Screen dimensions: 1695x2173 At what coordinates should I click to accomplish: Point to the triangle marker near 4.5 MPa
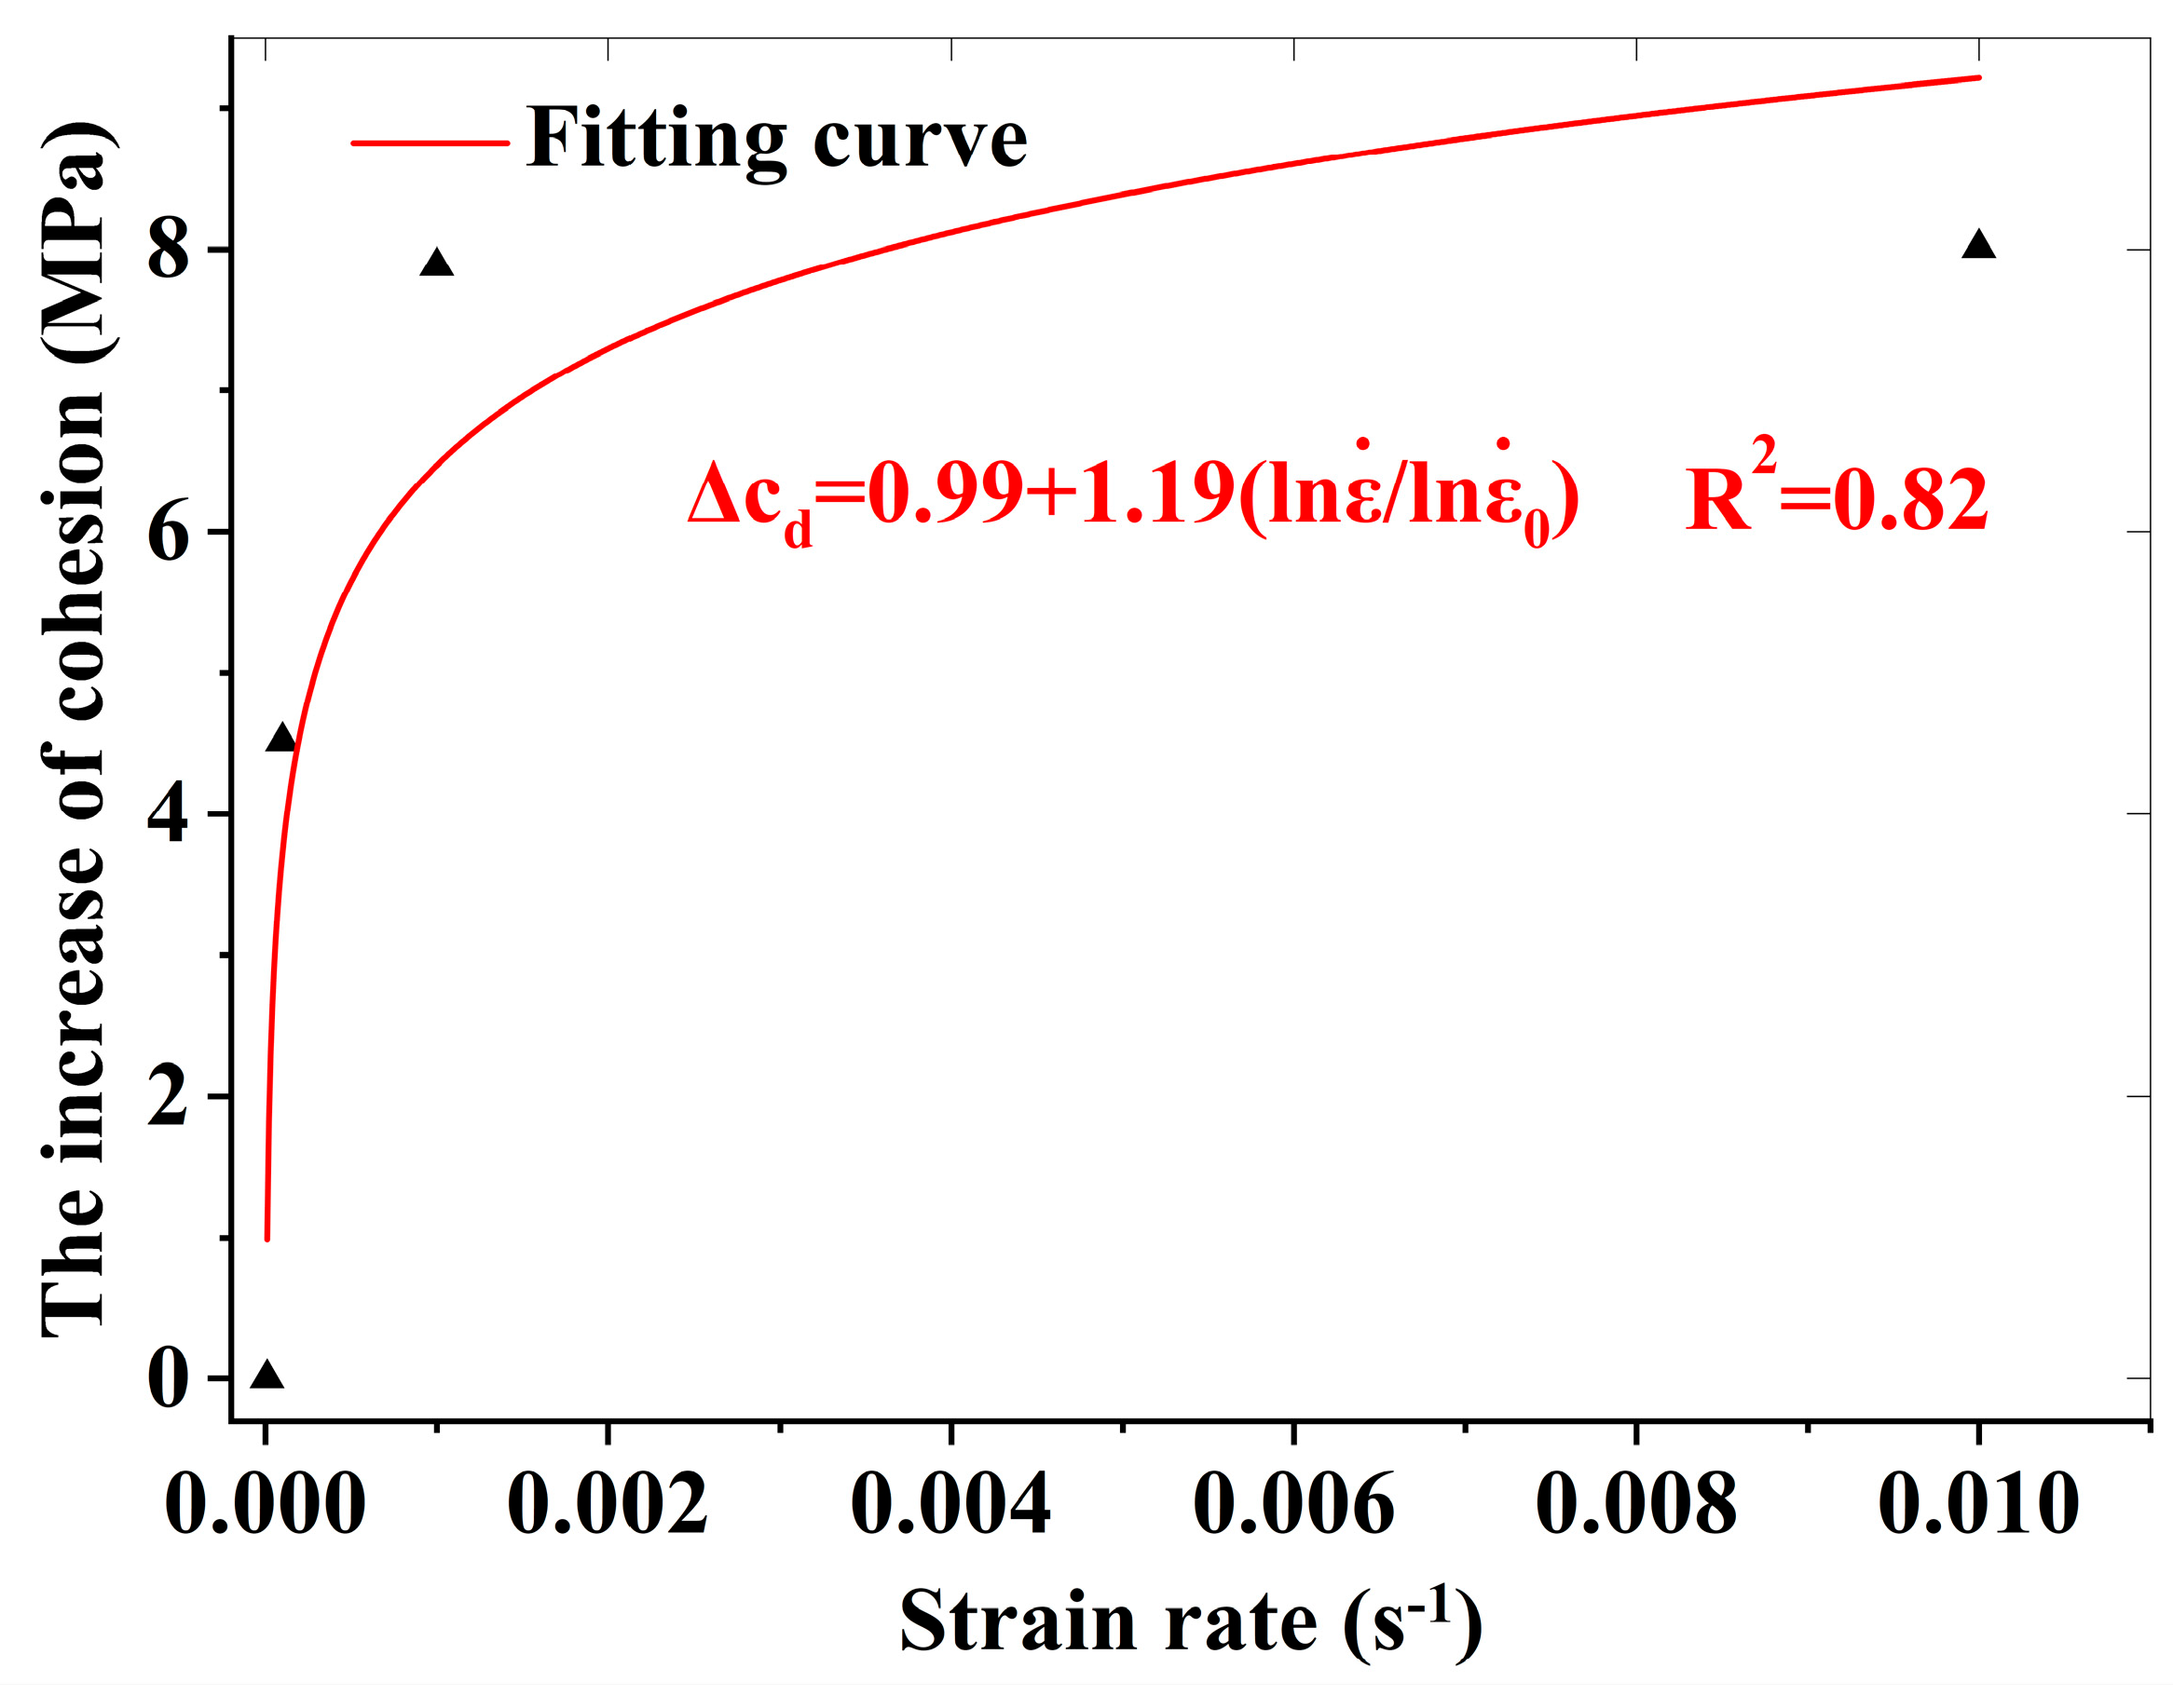pos(282,739)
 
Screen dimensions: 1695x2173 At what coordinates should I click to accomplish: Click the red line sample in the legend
pos(430,142)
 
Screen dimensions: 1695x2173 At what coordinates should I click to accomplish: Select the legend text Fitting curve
pos(776,140)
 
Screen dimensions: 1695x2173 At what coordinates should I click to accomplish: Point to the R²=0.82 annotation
pos(1836,495)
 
